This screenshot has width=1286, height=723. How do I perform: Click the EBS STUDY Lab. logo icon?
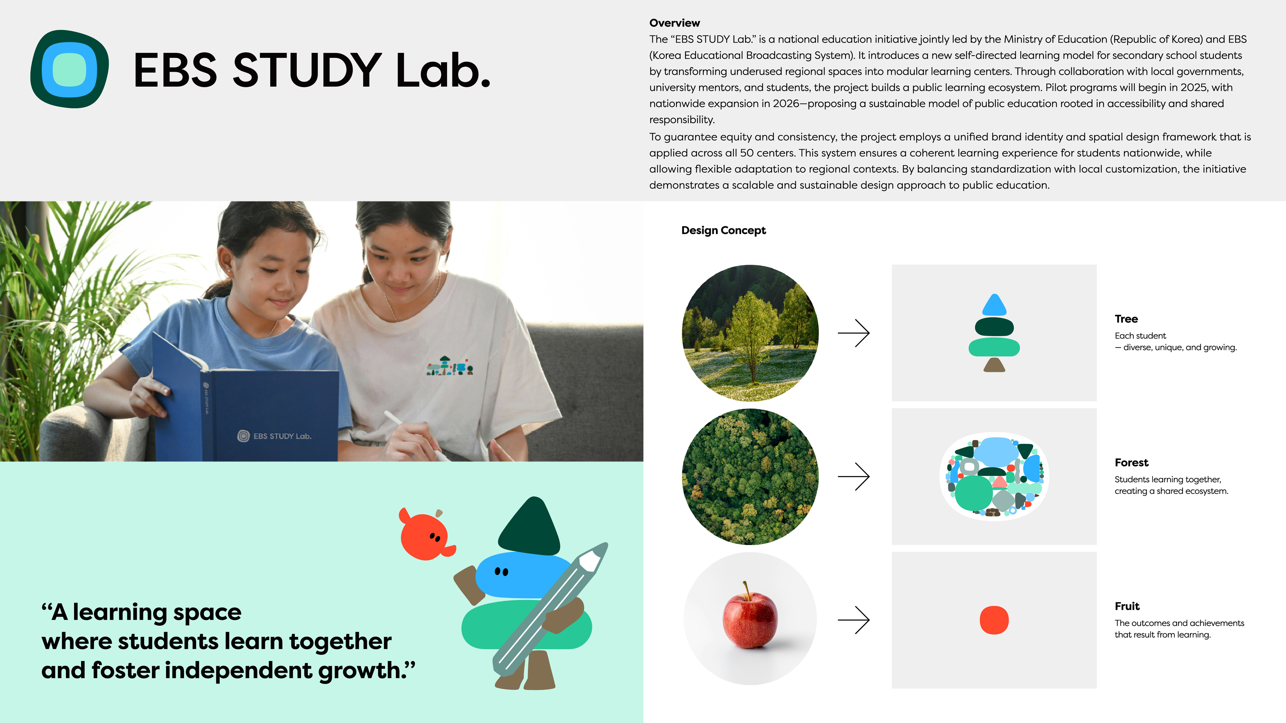click(69, 69)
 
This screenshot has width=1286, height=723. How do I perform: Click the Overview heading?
click(674, 23)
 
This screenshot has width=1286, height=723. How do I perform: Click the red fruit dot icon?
click(994, 620)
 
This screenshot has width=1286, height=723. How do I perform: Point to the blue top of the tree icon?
click(994, 305)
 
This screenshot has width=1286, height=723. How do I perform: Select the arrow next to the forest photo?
click(854, 477)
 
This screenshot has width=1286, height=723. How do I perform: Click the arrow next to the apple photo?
click(854, 620)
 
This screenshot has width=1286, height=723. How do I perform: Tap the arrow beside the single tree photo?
click(854, 333)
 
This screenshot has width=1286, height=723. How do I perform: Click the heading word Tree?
click(1126, 319)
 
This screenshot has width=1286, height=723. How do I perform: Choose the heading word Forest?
click(1131, 463)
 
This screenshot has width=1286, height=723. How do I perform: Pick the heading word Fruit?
click(1127, 606)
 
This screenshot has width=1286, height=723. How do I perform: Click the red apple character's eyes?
click(435, 537)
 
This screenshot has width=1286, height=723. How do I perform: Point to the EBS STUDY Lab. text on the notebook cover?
click(282, 436)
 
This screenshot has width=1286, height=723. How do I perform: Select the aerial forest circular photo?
click(750, 477)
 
